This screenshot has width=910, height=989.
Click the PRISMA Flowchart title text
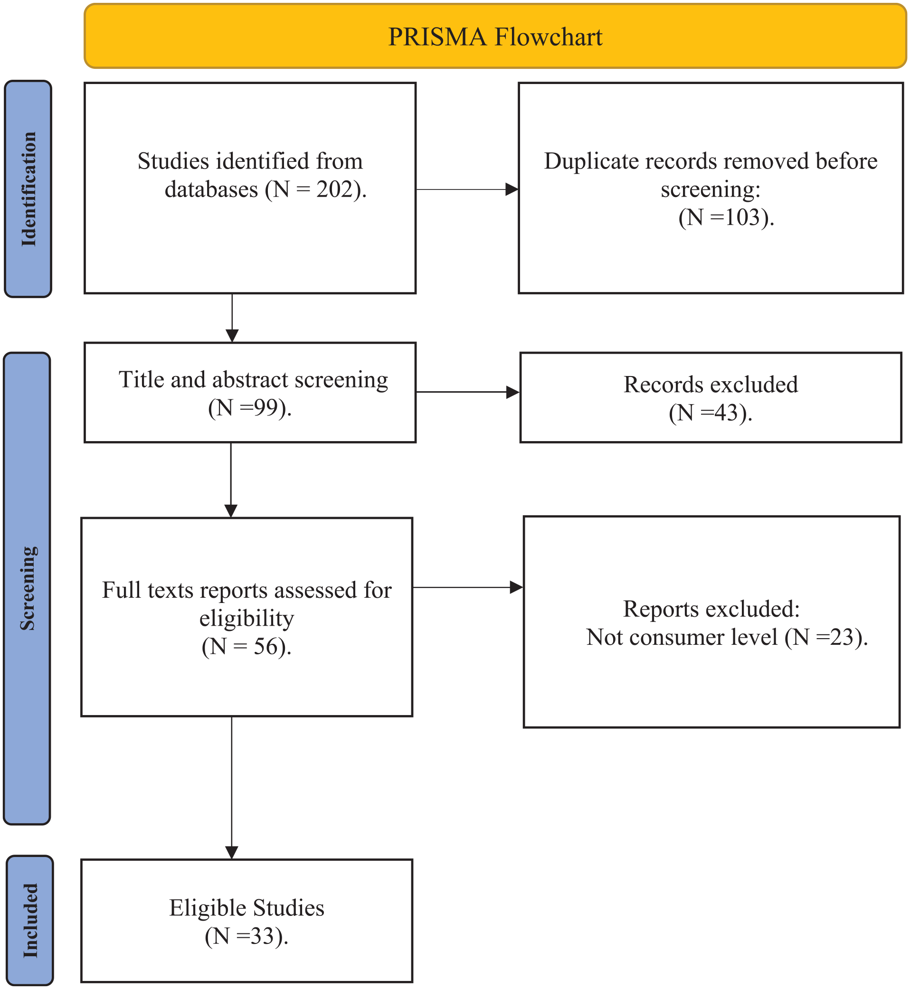pos(495,37)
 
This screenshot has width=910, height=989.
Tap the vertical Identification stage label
pos(28,189)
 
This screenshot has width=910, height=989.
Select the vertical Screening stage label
pos(28,588)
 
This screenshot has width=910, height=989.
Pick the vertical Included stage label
pos(30,921)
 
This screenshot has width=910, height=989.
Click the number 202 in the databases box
pos(334,189)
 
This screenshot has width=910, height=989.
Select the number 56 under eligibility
pos(266,646)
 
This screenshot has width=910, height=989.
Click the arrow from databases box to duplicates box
pos(467,189)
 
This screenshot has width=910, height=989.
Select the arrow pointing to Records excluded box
pos(468,392)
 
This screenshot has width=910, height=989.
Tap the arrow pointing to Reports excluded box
pos(467,587)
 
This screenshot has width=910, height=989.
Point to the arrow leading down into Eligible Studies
pos(232,788)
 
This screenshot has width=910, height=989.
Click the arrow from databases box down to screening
pos(232,318)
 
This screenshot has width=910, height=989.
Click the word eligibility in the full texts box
pos(246,618)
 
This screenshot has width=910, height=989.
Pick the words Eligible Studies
pos(246,908)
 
